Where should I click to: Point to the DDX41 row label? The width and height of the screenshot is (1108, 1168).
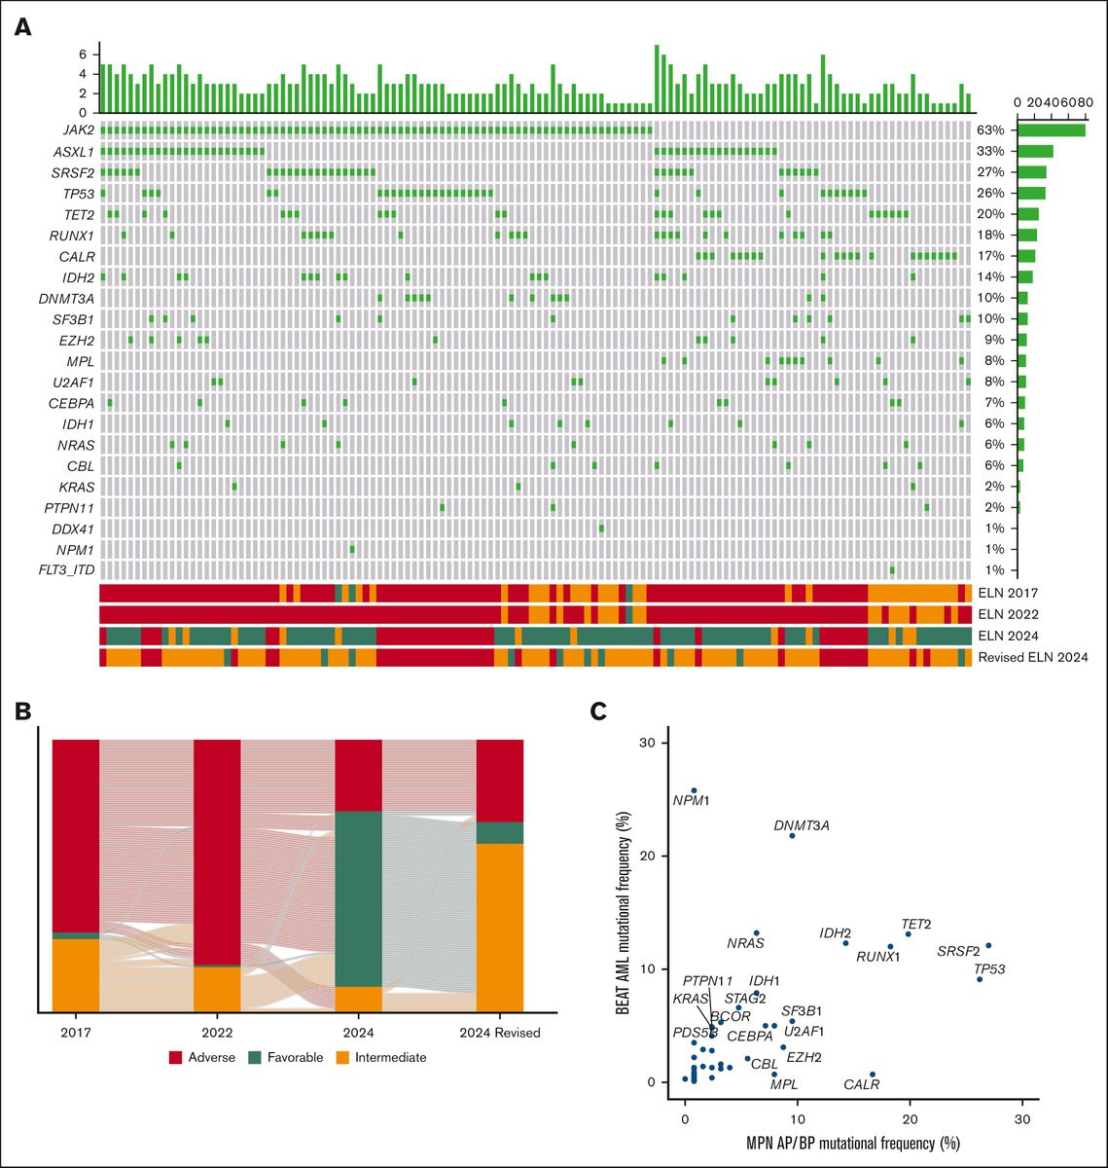(x=72, y=529)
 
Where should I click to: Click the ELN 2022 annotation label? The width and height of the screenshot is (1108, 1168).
(x=1008, y=614)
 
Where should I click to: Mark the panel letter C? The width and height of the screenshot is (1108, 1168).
(x=599, y=711)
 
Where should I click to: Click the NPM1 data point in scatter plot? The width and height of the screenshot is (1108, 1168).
(x=694, y=790)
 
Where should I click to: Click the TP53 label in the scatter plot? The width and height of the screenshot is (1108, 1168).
(x=989, y=968)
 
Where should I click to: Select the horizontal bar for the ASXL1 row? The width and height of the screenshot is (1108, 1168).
(x=1035, y=151)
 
